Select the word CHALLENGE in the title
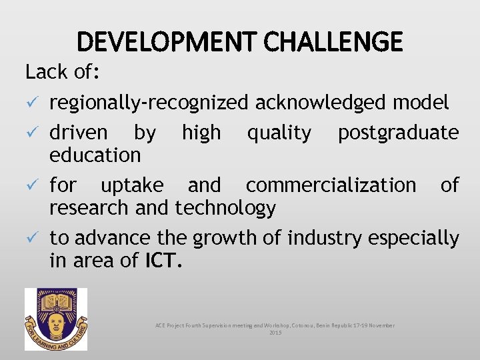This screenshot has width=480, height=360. pos(333,42)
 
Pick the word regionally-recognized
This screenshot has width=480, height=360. pos(149,103)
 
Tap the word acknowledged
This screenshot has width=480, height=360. pos(321,103)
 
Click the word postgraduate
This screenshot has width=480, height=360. pos(398,133)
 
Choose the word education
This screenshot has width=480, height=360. pos(95,155)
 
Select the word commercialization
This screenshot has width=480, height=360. pos(330,185)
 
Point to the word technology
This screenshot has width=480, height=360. pos(225,209)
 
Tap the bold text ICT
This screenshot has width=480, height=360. pos(163,261)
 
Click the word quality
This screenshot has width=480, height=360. pos(279,133)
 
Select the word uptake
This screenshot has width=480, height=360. pos(131,185)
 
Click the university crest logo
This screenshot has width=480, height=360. pos(56,319)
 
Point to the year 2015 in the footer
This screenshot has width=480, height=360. pos(275,332)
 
